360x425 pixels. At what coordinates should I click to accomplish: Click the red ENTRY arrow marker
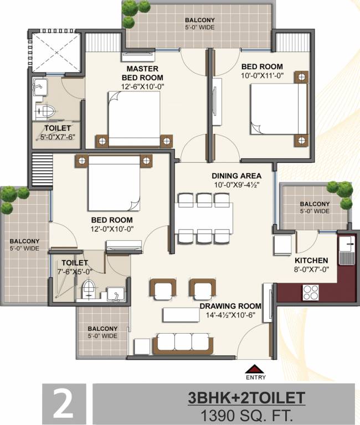[x=255, y=369]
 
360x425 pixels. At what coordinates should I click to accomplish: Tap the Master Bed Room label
[x=142, y=73]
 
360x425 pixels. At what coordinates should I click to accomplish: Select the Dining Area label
[x=236, y=176]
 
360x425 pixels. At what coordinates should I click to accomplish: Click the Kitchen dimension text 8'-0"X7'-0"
[x=312, y=269]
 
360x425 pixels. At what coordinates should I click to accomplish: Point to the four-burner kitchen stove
[x=311, y=293]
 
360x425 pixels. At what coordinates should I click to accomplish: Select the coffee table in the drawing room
[x=182, y=315]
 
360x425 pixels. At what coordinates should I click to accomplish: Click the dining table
[x=204, y=218]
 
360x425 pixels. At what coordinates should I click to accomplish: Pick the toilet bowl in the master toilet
[x=45, y=111]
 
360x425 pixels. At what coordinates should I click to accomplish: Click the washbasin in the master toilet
[x=40, y=87]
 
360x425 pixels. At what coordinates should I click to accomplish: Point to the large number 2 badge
[x=64, y=403]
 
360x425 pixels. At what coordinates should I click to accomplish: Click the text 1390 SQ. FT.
[x=246, y=414]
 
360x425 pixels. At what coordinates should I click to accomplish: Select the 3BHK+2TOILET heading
[x=246, y=398]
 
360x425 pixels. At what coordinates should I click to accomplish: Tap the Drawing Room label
[x=230, y=306]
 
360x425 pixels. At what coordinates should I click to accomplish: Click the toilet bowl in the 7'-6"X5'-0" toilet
[x=88, y=288]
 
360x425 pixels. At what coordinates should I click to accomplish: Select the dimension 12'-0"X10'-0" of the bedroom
[x=112, y=229]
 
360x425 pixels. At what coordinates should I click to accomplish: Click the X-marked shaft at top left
[x=56, y=53]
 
